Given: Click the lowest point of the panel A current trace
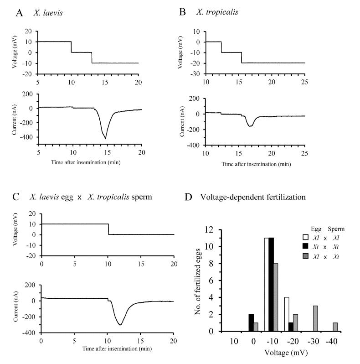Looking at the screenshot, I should (x=106, y=138).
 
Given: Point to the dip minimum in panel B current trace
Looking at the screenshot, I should (x=250, y=126).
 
